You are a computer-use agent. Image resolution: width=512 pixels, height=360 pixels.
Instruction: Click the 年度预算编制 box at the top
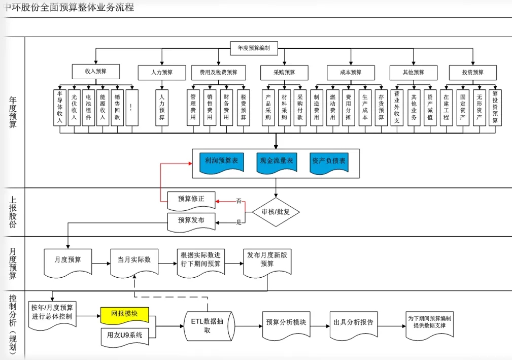coord(257,48)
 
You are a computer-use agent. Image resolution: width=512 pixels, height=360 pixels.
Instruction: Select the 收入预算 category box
coord(96,72)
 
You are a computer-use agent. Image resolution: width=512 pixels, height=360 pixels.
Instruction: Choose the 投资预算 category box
coord(472,72)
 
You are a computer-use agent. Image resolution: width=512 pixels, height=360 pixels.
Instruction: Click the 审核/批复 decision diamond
coord(276,212)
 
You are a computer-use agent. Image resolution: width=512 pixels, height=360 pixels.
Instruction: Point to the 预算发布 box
coord(191,220)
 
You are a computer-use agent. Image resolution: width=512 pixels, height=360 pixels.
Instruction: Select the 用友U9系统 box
coord(124,335)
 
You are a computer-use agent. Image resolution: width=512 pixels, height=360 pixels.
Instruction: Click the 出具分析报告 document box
coord(354,322)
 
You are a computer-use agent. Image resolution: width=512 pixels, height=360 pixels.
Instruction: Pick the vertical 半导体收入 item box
coord(60,107)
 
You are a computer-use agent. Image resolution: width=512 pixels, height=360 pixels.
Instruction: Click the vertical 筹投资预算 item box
coord(495,107)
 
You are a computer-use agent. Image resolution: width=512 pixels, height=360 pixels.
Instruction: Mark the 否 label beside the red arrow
coord(238,202)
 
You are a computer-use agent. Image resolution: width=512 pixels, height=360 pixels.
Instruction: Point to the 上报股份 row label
coord(13,212)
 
